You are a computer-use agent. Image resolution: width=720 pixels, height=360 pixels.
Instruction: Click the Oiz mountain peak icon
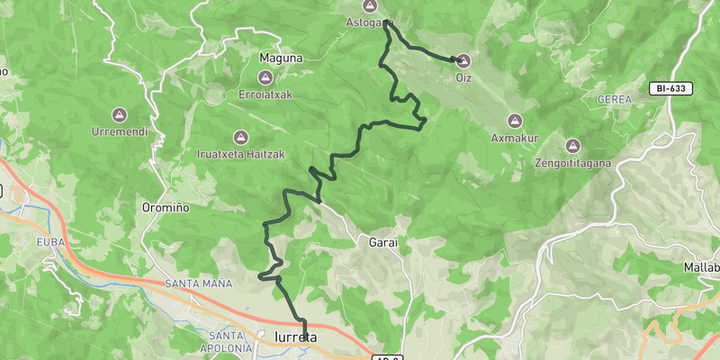[463, 61]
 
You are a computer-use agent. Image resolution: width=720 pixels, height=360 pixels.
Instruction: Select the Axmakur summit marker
[515, 121]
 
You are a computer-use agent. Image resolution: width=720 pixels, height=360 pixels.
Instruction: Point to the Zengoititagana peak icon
[572, 146]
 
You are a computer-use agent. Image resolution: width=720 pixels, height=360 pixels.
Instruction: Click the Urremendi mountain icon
[118, 115]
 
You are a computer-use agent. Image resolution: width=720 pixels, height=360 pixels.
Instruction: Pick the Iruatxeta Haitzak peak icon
[240, 138]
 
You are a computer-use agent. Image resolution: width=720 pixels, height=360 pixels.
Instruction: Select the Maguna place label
[281, 58]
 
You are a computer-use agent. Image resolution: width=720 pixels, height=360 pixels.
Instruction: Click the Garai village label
[383, 242]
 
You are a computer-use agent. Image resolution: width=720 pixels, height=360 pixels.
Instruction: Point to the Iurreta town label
[294, 337]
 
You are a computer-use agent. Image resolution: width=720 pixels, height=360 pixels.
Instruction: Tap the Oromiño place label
[166, 208]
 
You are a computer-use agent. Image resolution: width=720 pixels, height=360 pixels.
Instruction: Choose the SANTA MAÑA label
[198, 283]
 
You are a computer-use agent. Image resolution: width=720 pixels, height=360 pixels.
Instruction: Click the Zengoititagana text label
[572, 163]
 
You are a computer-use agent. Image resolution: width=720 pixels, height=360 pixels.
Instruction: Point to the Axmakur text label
[514, 139]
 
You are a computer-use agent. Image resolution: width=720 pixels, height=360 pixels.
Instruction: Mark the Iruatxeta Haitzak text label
[240, 155]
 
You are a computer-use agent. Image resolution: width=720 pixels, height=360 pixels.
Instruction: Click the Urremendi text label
[118, 132]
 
